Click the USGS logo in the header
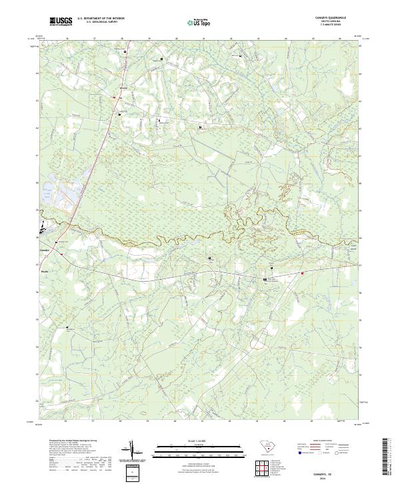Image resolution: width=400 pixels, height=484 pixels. click(x=61, y=22)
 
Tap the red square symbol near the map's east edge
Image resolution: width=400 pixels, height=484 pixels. click(x=301, y=272)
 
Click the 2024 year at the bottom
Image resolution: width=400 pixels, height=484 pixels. click(x=330, y=478)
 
